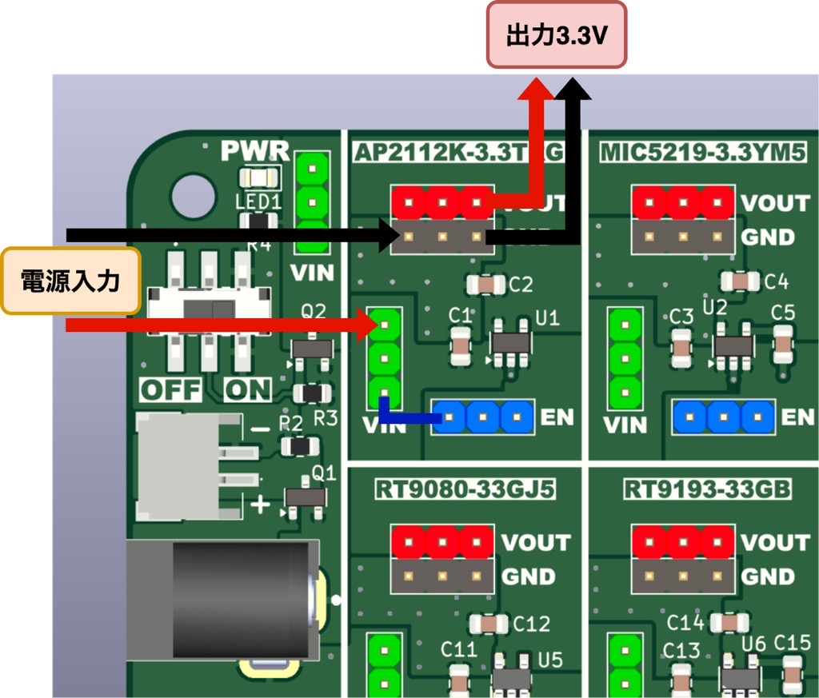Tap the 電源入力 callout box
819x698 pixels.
(x=70, y=281)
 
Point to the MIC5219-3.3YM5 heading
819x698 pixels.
(x=701, y=152)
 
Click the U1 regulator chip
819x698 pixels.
(x=510, y=342)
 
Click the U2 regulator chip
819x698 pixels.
(x=733, y=345)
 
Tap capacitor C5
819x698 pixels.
(x=783, y=344)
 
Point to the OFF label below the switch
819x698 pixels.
(x=170, y=390)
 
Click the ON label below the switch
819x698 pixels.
(x=247, y=390)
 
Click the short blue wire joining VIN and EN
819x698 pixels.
(x=408, y=417)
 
